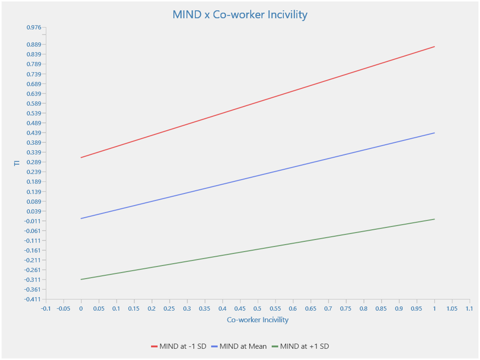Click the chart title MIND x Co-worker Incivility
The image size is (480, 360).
pyautogui.click(x=240, y=15)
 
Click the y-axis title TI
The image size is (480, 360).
pyautogui.click(x=17, y=163)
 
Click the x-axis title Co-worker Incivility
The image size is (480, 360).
pyautogui.click(x=257, y=320)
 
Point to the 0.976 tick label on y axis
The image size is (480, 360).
pyautogui.click(x=34, y=27)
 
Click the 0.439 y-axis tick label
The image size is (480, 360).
pyautogui.click(x=34, y=133)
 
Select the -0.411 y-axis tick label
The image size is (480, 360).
pyautogui.click(x=33, y=299)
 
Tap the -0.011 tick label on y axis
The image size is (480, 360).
pyautogui.click(x=33, y=221)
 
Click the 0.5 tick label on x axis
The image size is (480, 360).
pyautogui.click(x=257, y=309)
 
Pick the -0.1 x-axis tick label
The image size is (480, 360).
pyautogui.click(x=46, y=309)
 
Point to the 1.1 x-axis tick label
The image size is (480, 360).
pyautogui.click(x=469, y=309)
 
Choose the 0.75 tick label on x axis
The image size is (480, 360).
pyautogui.click(x=346, y=309)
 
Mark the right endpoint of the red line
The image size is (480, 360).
pyautogui.click(x=434, y=47)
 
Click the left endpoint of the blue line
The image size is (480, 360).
pyautogui.click(x=81, y=219)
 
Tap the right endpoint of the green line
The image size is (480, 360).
pyautogui.click(x=434, y=219)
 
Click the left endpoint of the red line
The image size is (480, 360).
pyautogui.click(x=81, y=157)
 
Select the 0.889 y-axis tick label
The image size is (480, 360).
pyautogui.click(x=34, y=45)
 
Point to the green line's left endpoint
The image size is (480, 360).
pyautogui.click(x=81, y=279)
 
